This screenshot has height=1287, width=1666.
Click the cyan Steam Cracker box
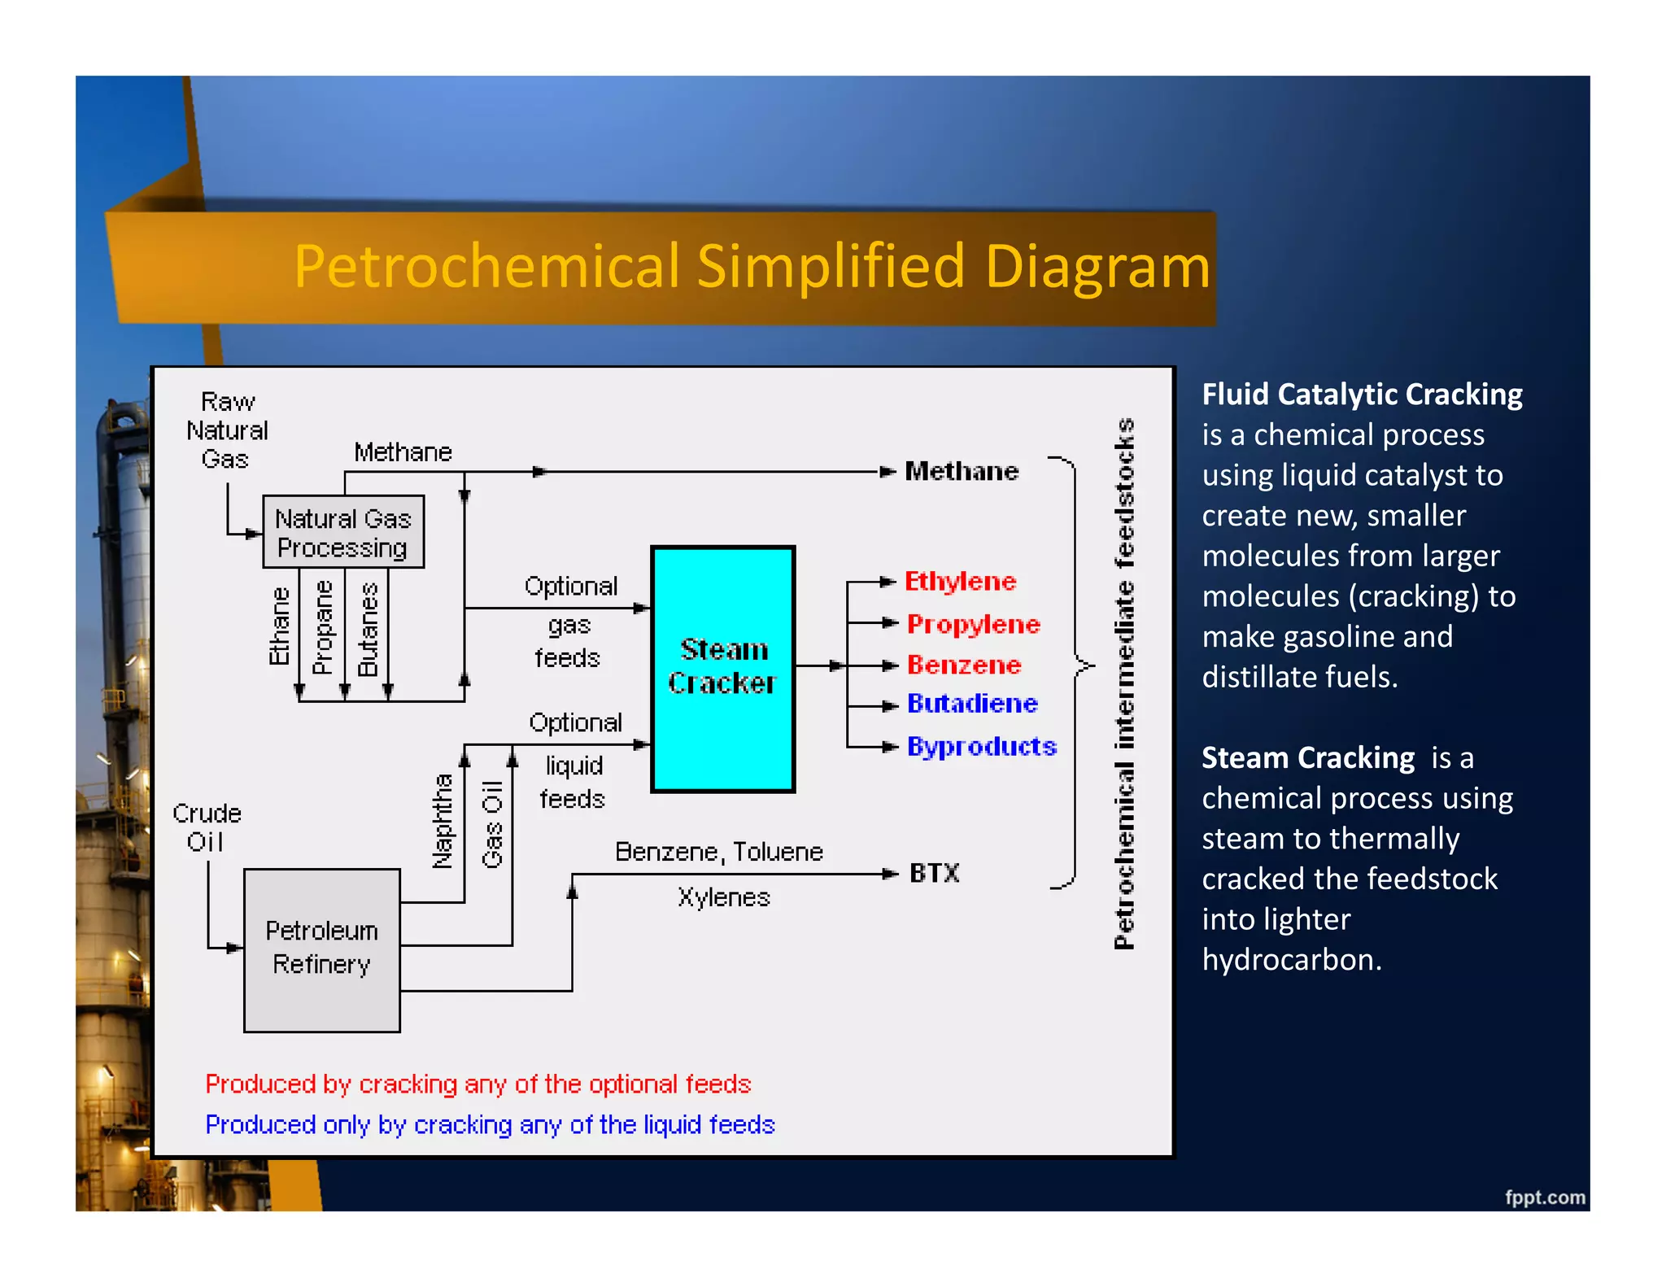[x=722, y=667]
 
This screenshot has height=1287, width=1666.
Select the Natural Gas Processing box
[x=342, y=533]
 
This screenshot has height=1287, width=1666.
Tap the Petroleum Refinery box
[x=322, y=949]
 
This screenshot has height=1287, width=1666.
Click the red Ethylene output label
[x=961, y=582]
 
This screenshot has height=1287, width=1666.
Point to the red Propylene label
[x=973, y=624]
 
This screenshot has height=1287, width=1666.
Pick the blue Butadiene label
[x=972, y=704]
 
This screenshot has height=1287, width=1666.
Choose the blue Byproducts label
[x=981, y=746]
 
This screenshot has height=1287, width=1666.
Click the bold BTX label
[x=934, y=874]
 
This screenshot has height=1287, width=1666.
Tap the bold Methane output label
[x=962, y=471]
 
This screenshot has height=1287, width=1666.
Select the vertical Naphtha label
[x=442, y=822]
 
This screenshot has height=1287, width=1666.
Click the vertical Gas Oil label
[x=493, y=824]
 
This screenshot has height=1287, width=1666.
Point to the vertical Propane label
[x=323, y=627]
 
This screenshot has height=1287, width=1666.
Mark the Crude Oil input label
[x=207, y=827]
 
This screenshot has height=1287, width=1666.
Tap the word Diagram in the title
[x=1097, y=267]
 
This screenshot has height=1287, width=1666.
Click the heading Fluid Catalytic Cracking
[x=1362, y=395]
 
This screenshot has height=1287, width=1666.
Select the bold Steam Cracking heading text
[x=1308, y=758]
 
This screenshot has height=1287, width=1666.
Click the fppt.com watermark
[x=1544, y=1198]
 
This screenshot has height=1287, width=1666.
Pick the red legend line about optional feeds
[x=478, y=1084]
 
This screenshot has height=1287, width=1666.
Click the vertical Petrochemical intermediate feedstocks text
[x=1124, y=683]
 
